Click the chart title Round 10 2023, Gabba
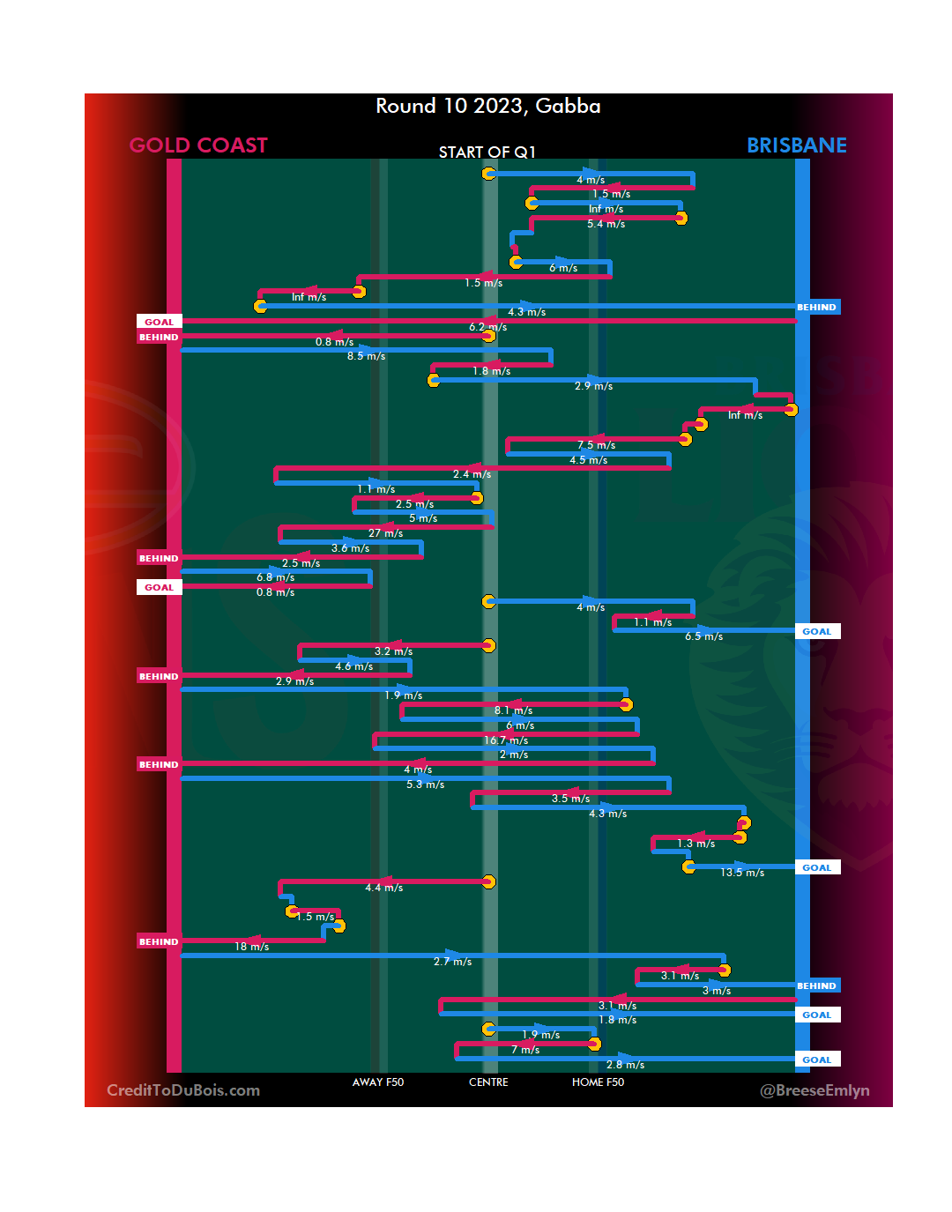click(x=487, y=107)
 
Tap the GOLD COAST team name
click(x=198, y=145)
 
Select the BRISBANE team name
click(x=796, y=145)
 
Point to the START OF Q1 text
click(x=487, y=152)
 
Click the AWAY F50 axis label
click(x=377, y=1082)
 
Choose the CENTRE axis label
click(x=488, y=1082)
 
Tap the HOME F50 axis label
click(x=598, y=1082)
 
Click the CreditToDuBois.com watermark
click(x=183, y=1090)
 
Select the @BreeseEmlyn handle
click(x=814, y=1090)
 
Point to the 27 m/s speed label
click(x=385, y=533)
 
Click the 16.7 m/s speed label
click(x=506, y=740)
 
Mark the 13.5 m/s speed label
click(x=742, y=873)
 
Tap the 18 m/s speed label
click(x=251, y=947)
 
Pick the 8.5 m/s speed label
click(x=366, y=356)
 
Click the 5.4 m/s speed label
click(x=606, y=224)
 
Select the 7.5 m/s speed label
click(x=596, y=445)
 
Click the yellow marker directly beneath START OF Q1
click(x=488, y=174)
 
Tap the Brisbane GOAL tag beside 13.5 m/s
click(x=816, y=867)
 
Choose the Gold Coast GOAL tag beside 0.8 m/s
click(x=159, y=587)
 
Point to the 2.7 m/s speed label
click(x=452, y=962)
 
